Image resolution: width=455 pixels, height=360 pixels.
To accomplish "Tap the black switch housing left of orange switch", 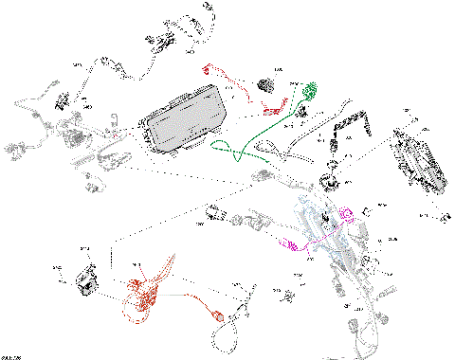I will (x=86, y=282).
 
